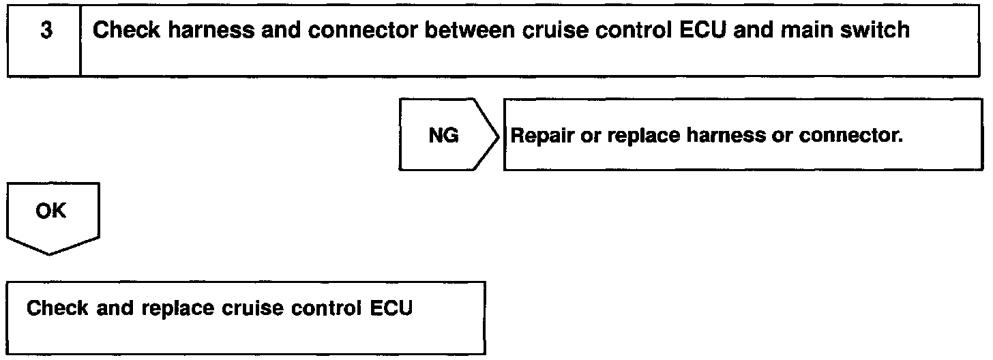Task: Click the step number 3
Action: point(46,30)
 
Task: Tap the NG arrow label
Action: point(443,135)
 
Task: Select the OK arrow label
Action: point(50,211)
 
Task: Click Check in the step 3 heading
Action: point(126,30)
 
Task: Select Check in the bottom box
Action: point(57,308)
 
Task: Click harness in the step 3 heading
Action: point(211,30)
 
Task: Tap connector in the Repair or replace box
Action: point(850,136)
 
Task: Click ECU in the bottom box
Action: point(391,308)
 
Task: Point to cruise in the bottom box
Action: point(252,308)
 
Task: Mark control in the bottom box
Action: point(326,308)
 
